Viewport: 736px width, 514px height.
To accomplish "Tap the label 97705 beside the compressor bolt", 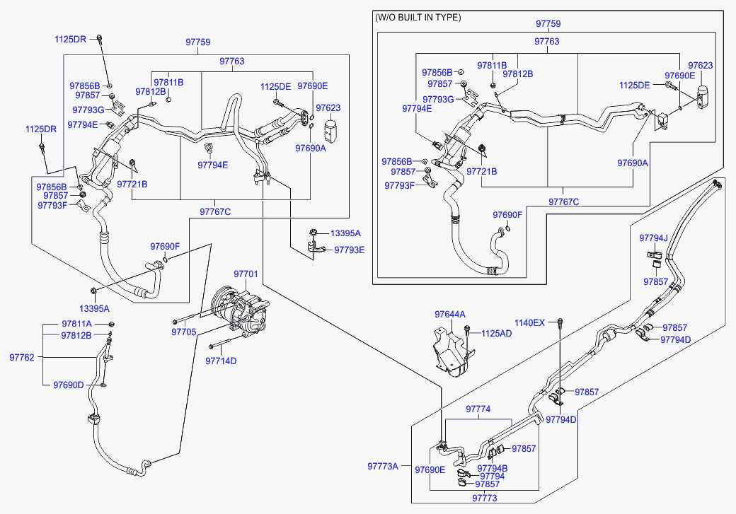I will click(x=184, y=332).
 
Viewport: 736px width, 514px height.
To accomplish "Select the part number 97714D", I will click(x=221, y=361).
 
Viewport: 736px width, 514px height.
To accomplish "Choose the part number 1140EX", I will click(x=529, y=322).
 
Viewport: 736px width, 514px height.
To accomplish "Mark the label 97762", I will click(x=22, y=357).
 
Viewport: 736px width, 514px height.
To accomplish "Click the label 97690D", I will click(x=69, y=385).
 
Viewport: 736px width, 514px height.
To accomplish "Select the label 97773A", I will click(x=383, y=466).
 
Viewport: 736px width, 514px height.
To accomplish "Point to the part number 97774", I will click(x=478, y=409).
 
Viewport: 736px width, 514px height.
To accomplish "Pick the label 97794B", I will click(x=493, y=468).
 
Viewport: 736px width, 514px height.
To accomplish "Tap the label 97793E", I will click(x=350, y=250).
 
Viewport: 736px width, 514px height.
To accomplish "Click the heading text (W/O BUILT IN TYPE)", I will click(x=418, y=17).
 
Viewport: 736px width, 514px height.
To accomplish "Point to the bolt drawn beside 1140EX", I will click(x=560, y=324).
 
